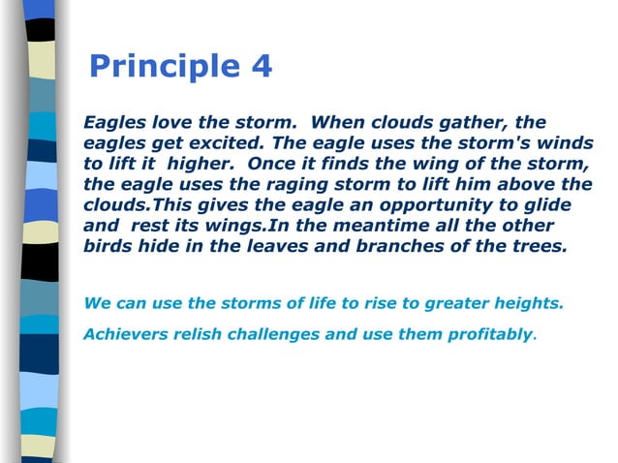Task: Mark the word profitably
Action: pyautogui.click(x=489, y=334)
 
